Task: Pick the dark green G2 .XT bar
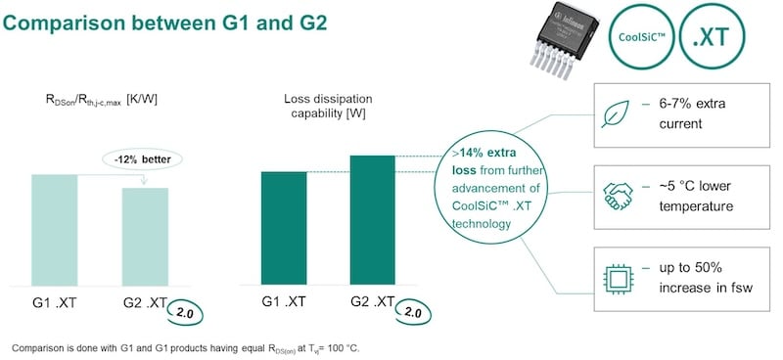(374, 220)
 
